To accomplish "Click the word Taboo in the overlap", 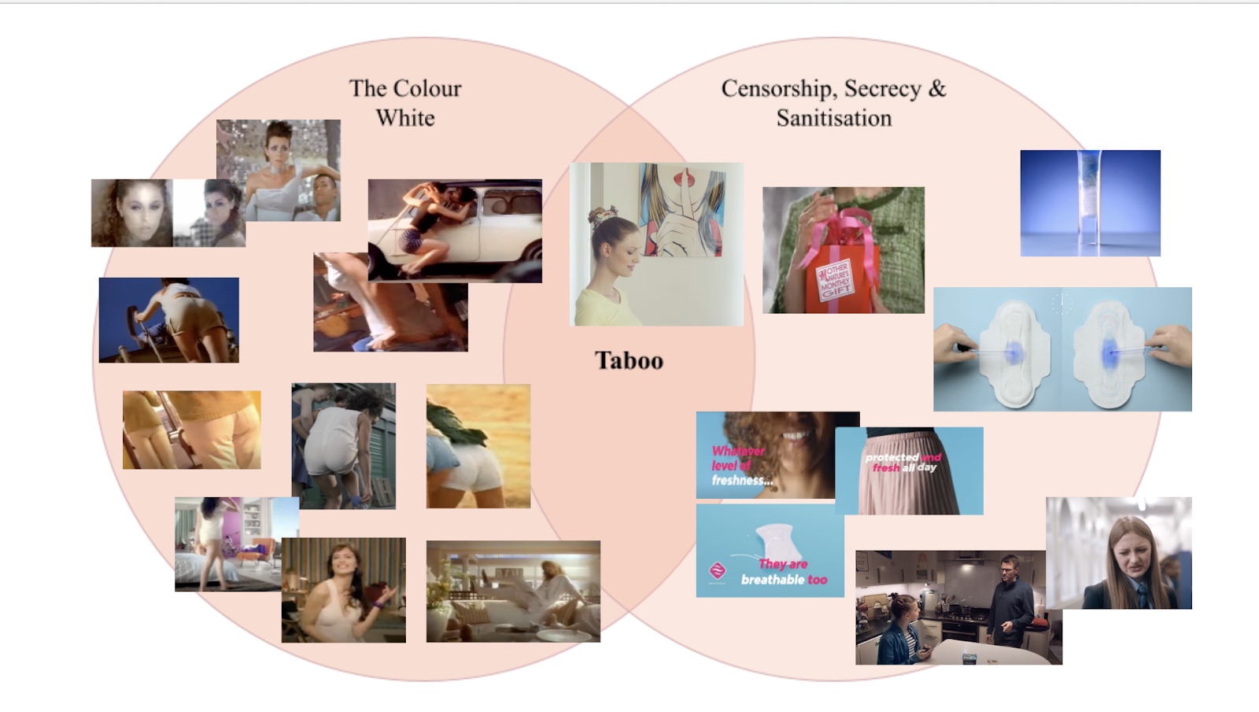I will tap(629, 360).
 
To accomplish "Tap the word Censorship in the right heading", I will tap(778, 89).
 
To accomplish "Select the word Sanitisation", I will tap(834, 118).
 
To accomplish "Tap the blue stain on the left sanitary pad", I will tap(1013, 350).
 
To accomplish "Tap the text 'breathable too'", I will tap(784, 580).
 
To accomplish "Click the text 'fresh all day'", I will tap(904, 467).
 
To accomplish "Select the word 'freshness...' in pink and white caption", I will tap(742, 480).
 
